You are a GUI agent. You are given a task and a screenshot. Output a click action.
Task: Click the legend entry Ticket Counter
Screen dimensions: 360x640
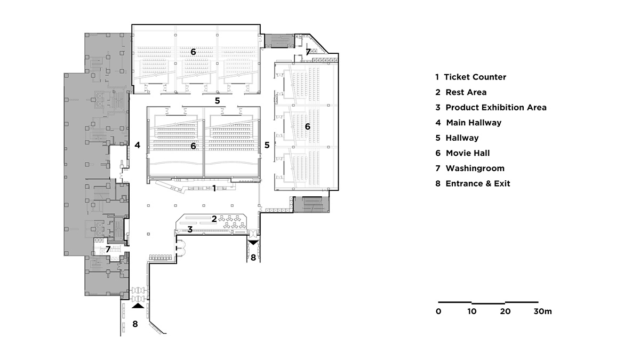(470, 77)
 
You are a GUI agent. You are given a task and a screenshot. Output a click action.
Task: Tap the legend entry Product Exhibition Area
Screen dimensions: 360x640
(491, 107)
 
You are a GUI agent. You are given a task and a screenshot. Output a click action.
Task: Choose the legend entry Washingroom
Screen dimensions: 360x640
(469, 169)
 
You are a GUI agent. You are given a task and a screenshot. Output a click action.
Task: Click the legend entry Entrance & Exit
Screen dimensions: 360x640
(473, 183)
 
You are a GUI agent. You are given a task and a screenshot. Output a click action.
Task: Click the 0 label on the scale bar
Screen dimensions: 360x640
(438, 311)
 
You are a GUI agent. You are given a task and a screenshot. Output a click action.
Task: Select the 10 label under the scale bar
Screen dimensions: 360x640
(471, 311)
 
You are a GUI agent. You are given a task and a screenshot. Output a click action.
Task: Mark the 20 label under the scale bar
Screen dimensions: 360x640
(505, 311)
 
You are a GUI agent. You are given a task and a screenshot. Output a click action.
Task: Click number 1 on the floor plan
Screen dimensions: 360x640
(214, 188)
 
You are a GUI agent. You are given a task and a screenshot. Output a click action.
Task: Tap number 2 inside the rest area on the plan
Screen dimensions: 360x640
(214, 219)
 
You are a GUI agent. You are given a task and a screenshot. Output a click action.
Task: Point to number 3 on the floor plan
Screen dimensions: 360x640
(190, 229)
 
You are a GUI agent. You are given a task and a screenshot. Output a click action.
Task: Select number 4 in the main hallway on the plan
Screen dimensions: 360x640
(137, 145)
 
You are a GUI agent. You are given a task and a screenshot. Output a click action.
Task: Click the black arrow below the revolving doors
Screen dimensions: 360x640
(138, 306)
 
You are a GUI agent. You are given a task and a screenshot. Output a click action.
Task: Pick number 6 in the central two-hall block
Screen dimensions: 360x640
(193, 145)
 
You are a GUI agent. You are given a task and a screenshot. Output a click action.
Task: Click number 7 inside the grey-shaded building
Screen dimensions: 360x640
(108, 249)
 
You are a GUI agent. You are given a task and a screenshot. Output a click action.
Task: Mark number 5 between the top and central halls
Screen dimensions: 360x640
(217, 100)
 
